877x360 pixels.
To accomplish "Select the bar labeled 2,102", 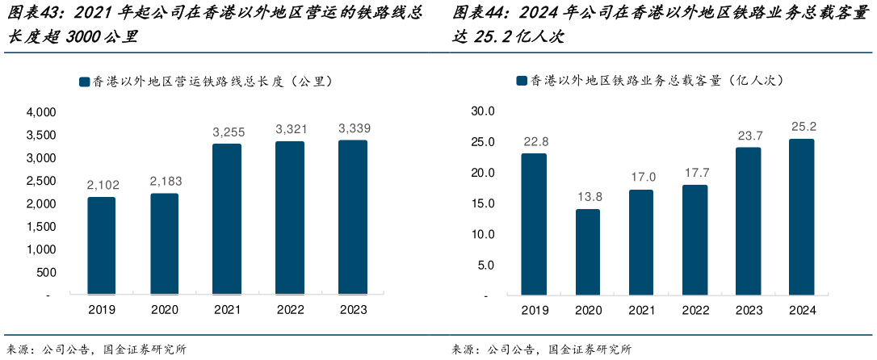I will click(101, 246).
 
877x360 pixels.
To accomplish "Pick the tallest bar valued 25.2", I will click(801, 217).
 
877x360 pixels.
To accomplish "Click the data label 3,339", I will click(354, 128).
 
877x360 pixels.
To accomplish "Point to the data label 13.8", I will click(587, 196).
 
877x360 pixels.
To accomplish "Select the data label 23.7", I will click(748, 135).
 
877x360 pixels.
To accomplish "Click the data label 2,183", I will click(164, 181).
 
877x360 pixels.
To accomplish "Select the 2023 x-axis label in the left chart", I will click(353, 309).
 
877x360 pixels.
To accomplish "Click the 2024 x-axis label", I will click(801, 310).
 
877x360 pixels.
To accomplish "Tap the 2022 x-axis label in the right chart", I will click(694, 310).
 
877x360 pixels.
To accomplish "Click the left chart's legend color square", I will click(84, 82).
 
